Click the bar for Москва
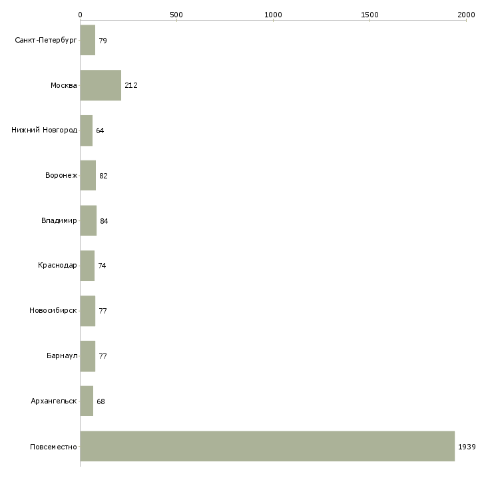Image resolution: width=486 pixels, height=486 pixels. (101, 85)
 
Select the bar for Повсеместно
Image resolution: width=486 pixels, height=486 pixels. (268, 446)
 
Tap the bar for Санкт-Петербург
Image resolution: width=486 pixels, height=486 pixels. (88, 40)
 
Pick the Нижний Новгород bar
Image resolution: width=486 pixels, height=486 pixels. (87, 130)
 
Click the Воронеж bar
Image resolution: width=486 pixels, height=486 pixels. (88, 176)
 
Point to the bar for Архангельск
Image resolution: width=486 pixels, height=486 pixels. (87, 401)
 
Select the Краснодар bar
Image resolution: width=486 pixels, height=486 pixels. (87, 266)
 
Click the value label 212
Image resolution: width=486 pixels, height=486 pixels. (131, 85)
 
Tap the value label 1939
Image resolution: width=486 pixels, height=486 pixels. (467, 447)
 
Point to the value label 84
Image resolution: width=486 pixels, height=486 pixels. (104, 221)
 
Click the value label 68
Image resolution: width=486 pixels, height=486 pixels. (101, 401)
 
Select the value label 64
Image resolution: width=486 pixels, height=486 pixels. (100, 130)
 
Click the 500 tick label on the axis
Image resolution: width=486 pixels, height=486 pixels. (176, 15)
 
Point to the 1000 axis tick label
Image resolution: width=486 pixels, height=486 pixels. (273, 15)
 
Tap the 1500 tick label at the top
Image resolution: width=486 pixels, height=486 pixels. (369, 15)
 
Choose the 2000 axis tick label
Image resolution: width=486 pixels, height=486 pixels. (466, 15)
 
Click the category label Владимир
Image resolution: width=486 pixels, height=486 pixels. (59, 220)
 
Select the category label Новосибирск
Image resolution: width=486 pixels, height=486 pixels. (53, 310)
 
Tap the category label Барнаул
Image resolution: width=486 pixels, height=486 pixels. (62, 356)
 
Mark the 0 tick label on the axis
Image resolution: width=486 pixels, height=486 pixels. (81, 15)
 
